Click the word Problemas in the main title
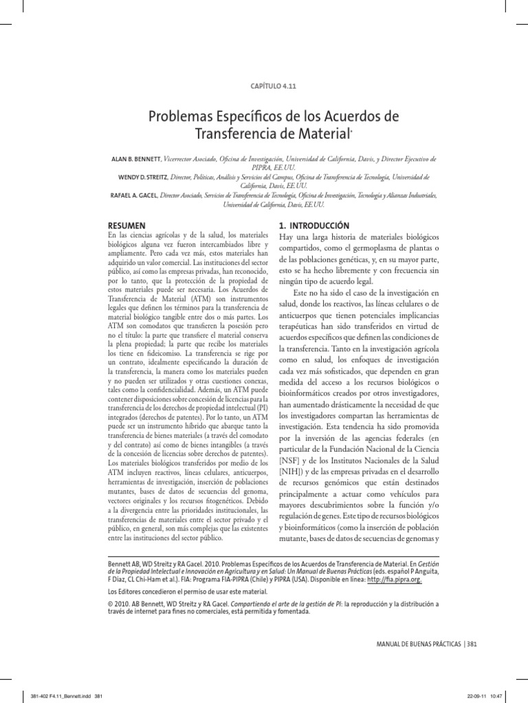[x=179, y=113]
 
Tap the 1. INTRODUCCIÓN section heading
[x=314, y=225]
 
